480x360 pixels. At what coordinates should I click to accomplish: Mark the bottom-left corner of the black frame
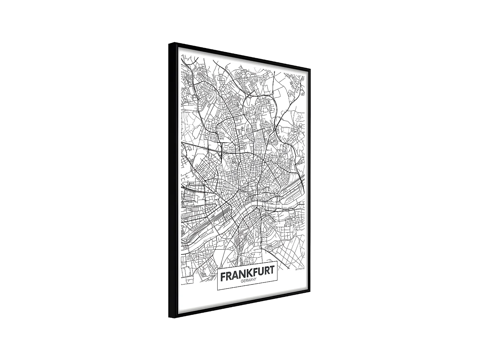[x=170, y=317]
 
